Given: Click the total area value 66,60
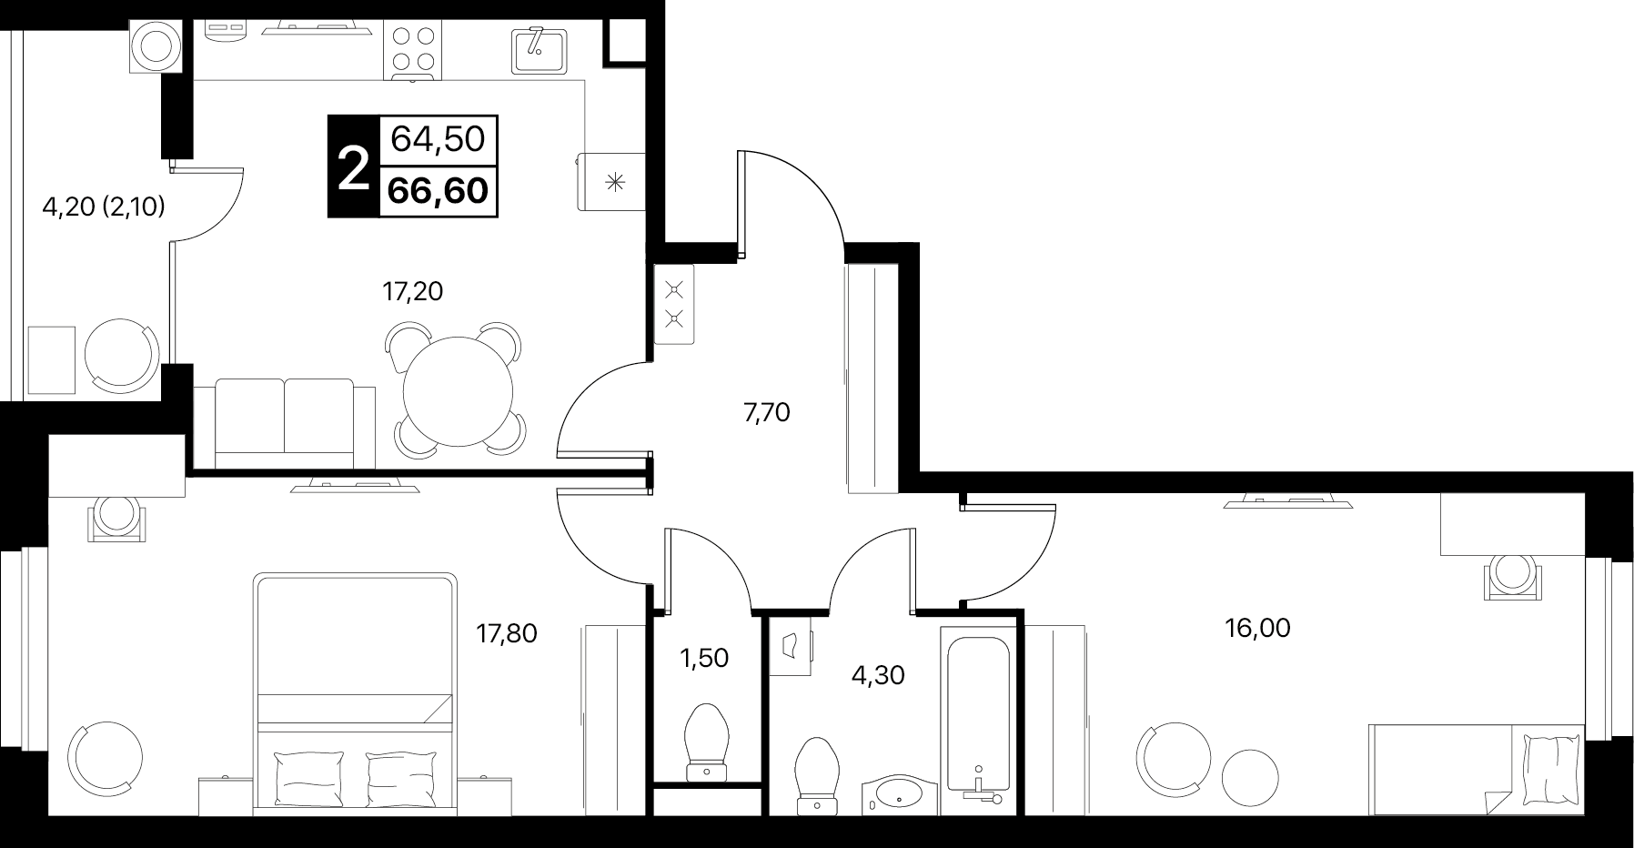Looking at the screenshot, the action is coord(438,191).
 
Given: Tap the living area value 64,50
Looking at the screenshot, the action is coord(438,140).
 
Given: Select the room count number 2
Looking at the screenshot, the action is coord(353,167).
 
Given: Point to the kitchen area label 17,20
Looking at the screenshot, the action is coord(413,291).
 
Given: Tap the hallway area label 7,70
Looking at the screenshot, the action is coord(767,413).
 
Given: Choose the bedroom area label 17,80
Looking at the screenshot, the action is coord(508,632).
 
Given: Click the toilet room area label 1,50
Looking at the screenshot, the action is coord(705,657).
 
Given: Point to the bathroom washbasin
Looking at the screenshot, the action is coord(898,793).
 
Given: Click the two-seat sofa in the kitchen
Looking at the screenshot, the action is coord(285,422).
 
